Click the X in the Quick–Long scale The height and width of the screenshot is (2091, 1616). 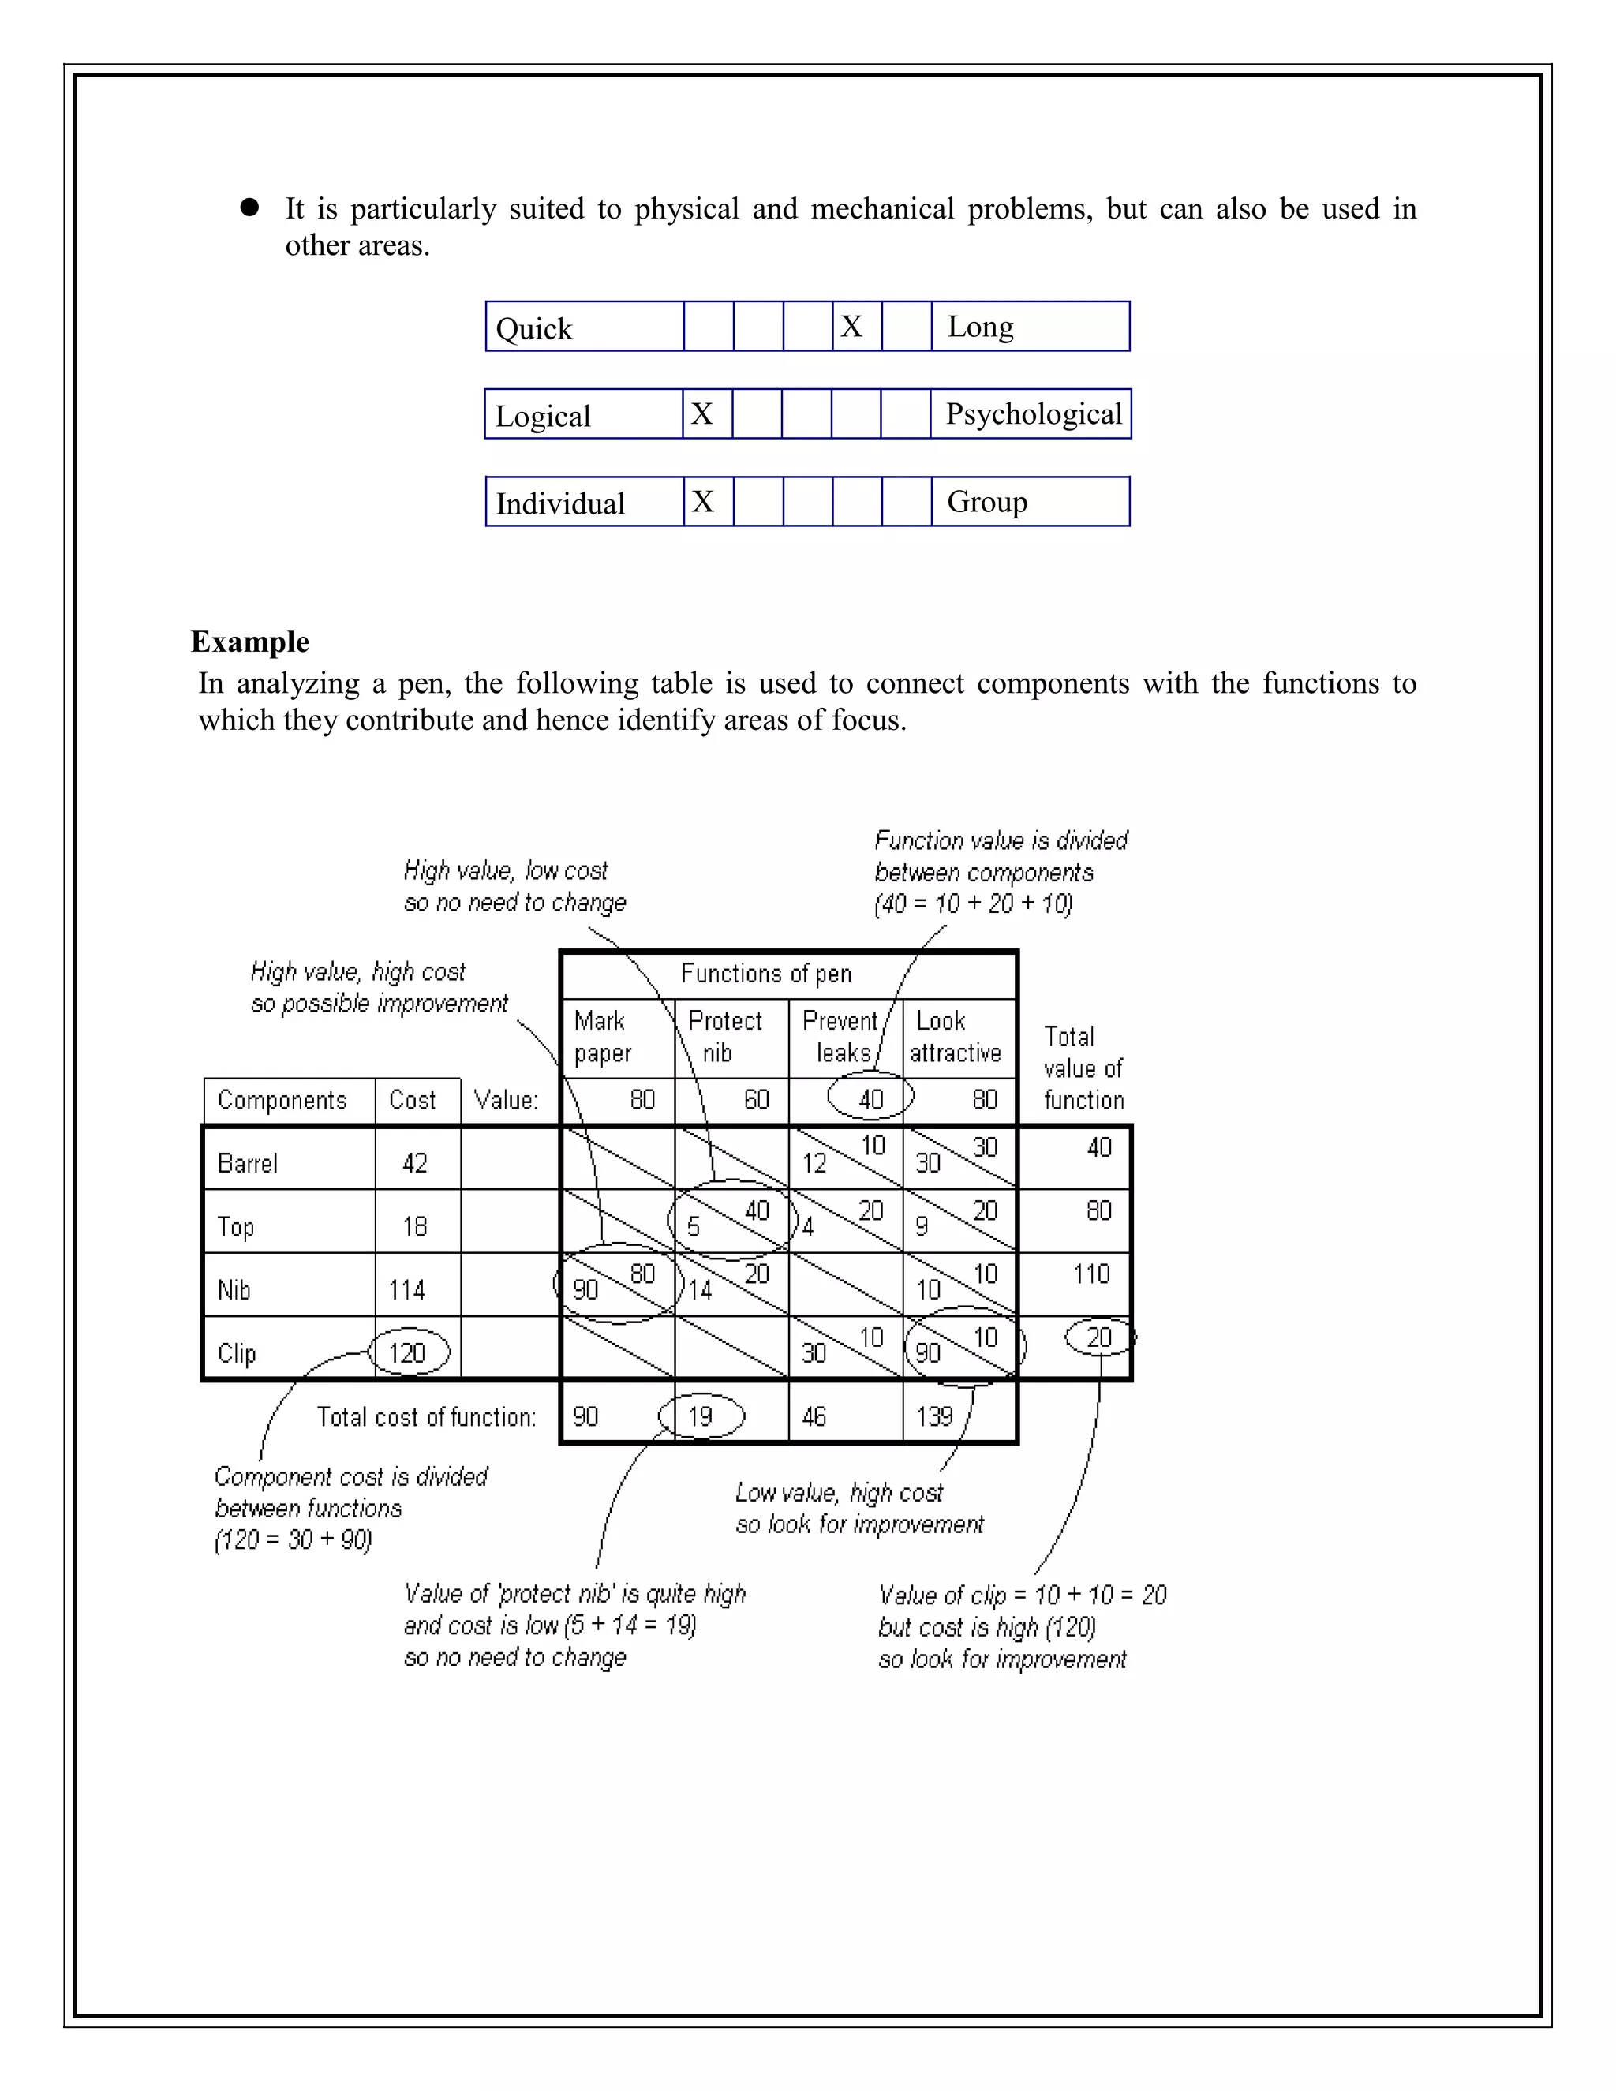click(x=851, y=327)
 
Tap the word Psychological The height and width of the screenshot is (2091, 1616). click(x=1033, y=413)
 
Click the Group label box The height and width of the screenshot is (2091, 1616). click(x=1029, y=502)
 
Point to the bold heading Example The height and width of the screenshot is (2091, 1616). click(x=250, y=642)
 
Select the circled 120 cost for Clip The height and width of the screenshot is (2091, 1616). click(x=408, y=1352)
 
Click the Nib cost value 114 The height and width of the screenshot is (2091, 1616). click(x=407, y=1289)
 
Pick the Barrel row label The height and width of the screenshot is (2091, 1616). click(x=248, y=1163)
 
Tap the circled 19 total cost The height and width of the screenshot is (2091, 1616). click(x=701, y=1416)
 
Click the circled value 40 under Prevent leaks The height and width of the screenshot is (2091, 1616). click(x=870, y=1099)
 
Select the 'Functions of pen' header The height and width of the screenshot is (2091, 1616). click(x=766, y=974)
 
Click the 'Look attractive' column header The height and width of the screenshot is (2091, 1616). click(x=955, y=1037)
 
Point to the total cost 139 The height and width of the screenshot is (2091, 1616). click(x=934, y=1416)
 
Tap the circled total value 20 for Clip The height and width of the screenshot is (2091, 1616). click(x=1099, y=1337)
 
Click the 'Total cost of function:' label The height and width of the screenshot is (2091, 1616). click(x=426, y=1417)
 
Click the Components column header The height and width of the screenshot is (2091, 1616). click(x=282, y=1100)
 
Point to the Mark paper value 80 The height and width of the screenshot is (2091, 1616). click(x=642, y=1099)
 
